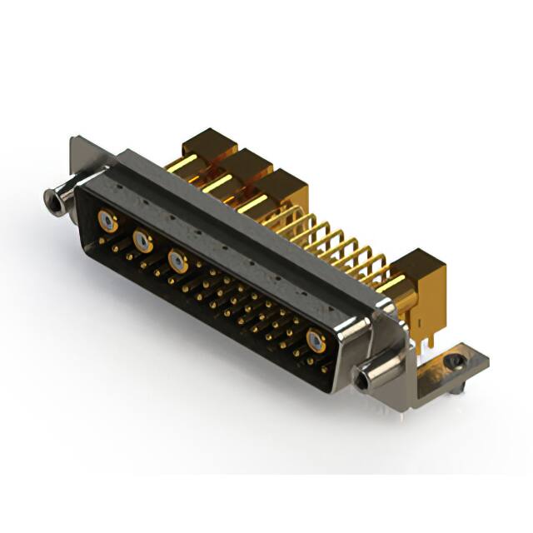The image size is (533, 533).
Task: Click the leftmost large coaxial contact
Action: click(106, 221)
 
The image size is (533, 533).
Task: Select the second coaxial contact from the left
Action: click(142, 241)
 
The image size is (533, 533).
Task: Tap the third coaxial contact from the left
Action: click(177, 261)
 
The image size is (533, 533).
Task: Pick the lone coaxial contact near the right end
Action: click(316, 340)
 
